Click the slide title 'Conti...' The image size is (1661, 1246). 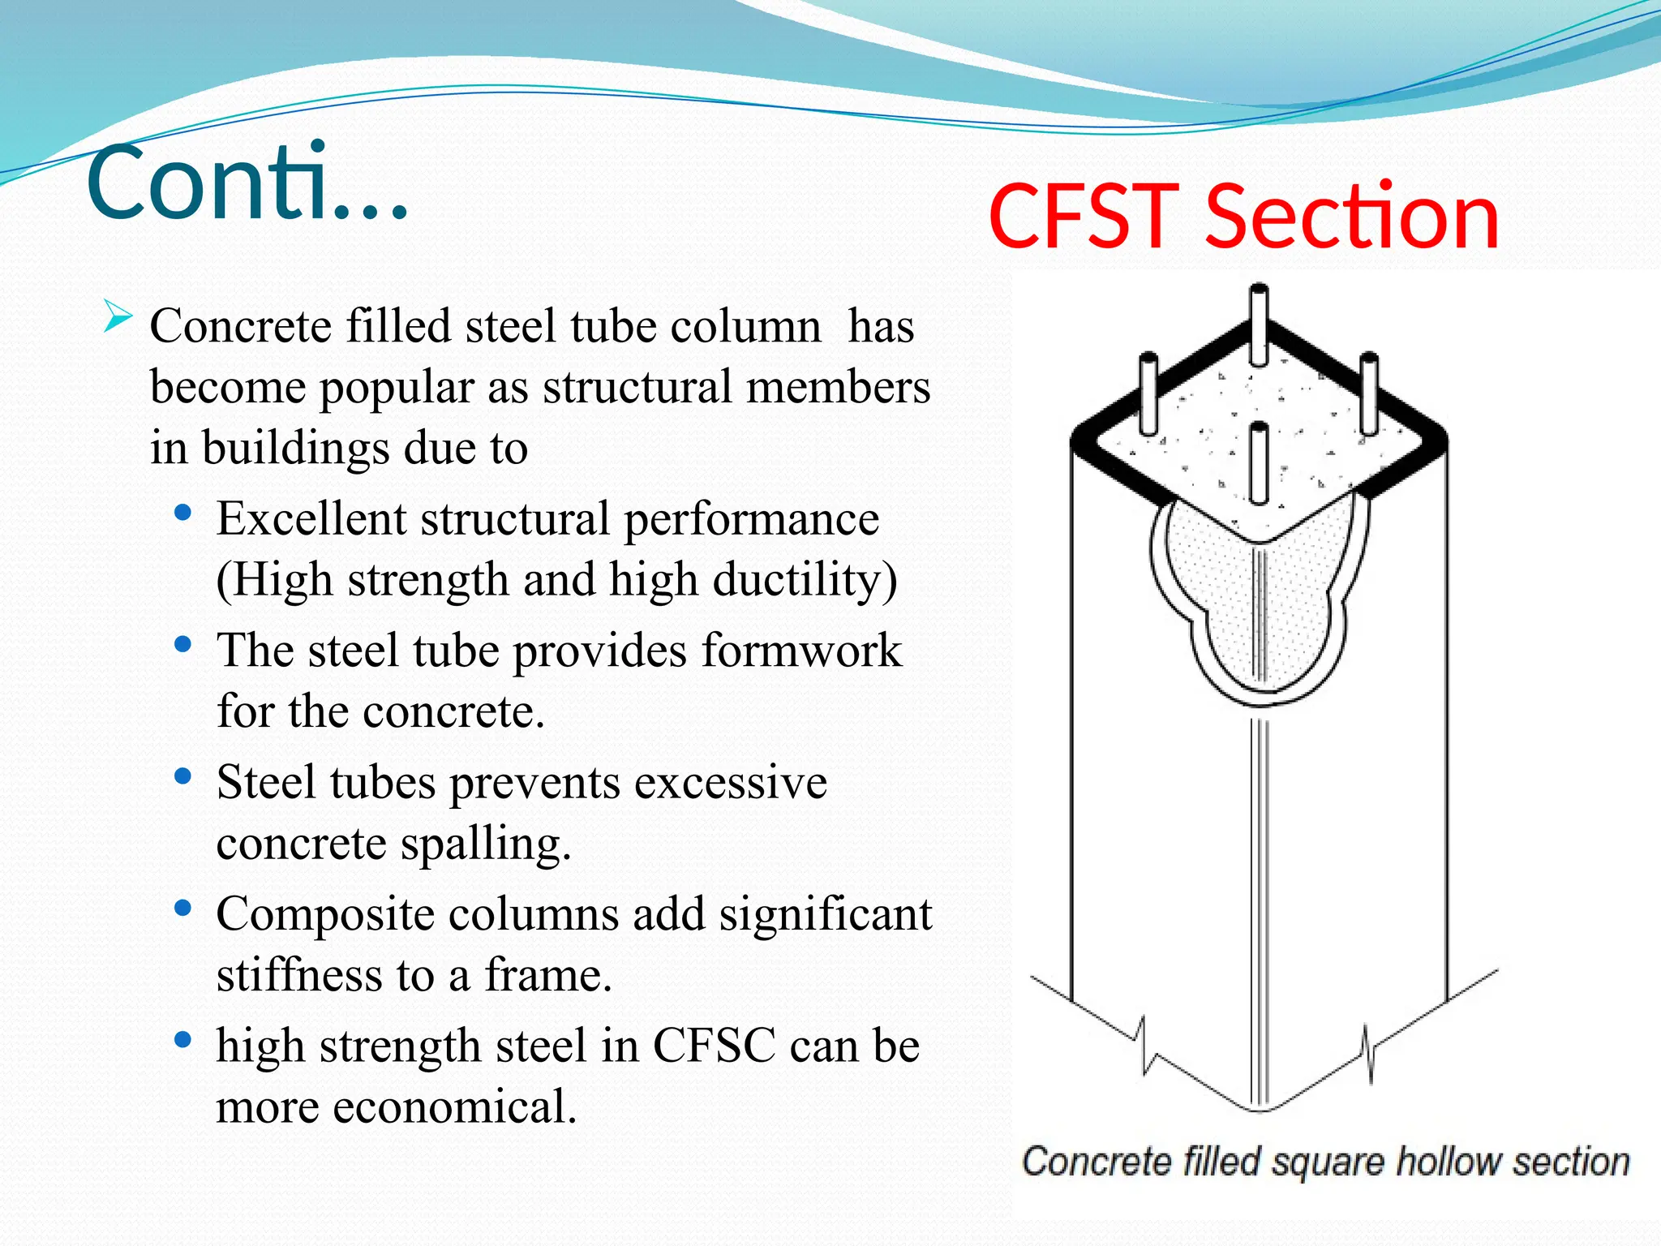247,183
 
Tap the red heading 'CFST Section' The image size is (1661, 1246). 1243,217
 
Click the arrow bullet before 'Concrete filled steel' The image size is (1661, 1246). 118,316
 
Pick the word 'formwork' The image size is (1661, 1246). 801,651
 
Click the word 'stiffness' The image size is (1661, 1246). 298,975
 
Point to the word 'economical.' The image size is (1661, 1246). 454,1106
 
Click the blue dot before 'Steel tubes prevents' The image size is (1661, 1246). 183,776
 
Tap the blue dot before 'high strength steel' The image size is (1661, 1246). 183,1039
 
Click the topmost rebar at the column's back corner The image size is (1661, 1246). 1259,324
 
